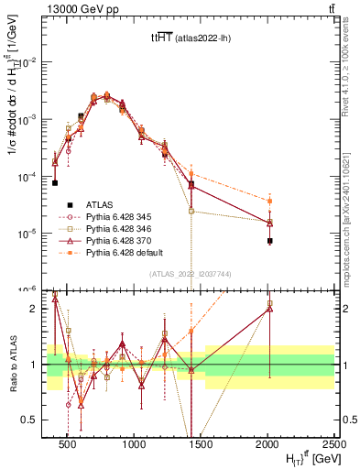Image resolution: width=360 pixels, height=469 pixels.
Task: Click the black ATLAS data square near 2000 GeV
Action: (270, 241)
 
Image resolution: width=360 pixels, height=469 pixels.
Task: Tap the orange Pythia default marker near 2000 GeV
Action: (270, 201)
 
